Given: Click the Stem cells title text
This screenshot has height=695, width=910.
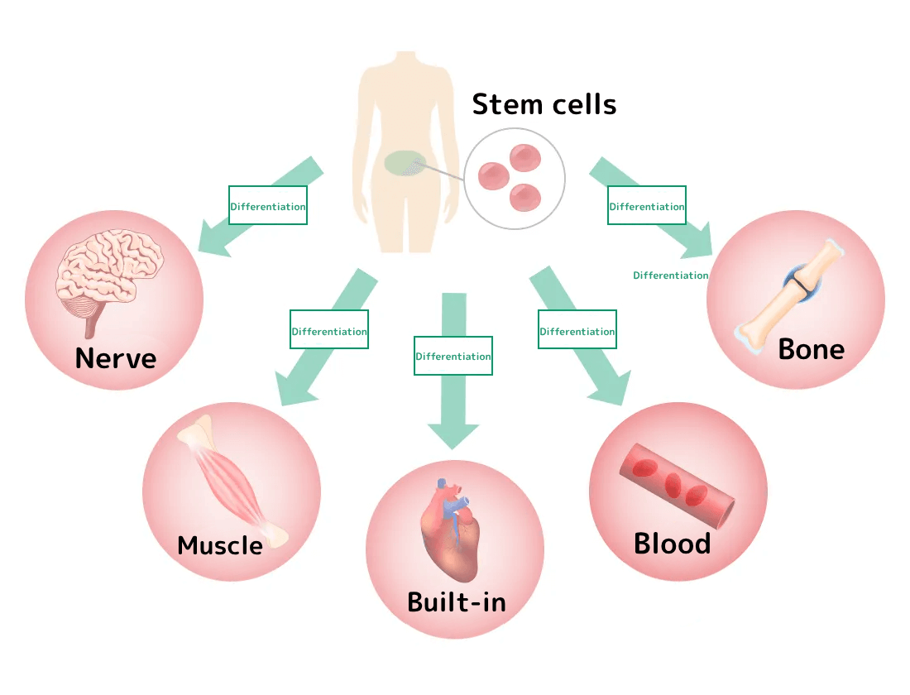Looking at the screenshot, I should [x=544, y=105].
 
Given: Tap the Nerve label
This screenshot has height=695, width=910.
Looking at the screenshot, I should [x=115, y=358].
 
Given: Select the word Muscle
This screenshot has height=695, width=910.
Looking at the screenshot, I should [x=220, y=545].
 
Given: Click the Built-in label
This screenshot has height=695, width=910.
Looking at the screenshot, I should [x=456, y=602].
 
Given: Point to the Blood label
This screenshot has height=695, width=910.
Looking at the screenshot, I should [x=672, y=544].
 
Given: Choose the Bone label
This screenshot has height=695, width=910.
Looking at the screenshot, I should [x=811, y=348].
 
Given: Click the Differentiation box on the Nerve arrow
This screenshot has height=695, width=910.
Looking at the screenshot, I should [x=268, y=206].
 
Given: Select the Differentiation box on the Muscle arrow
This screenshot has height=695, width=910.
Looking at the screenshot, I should [x=329, y=331].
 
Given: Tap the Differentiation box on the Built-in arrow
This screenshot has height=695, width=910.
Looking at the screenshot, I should [x=453, y=357].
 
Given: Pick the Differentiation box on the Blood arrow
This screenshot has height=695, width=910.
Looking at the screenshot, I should [x=577, y=331].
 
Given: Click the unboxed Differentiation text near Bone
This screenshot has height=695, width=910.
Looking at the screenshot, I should [x=671, y=276].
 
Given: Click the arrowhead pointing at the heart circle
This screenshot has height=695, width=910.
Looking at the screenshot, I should [x=453, y=434].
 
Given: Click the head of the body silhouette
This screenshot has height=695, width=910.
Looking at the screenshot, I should [x=405, y=70].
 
